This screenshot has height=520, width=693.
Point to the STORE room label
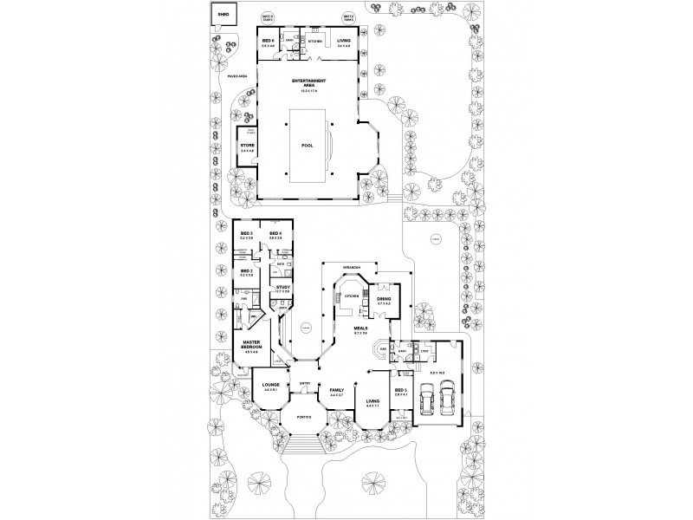point(247,145)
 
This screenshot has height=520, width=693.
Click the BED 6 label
point(268,41)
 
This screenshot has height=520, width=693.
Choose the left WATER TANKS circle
point(268,16)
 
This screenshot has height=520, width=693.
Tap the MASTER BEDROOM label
point(253,345)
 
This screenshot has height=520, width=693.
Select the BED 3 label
point(246,233)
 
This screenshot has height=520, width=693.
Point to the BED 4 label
point(275,233)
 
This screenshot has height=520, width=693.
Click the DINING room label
point(384,299)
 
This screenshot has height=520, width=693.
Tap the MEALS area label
point(361,328)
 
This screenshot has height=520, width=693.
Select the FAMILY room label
point(337,391)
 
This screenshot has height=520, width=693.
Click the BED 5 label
point(399,390)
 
